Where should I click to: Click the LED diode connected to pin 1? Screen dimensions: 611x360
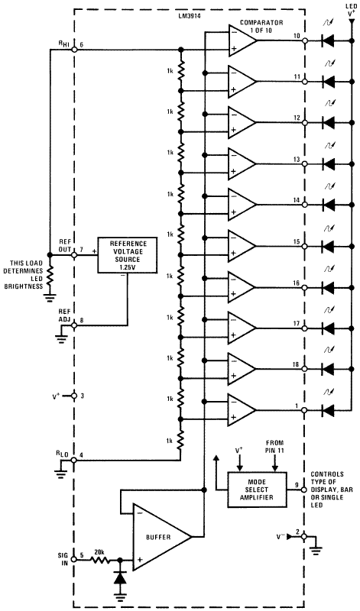tap(329, 411)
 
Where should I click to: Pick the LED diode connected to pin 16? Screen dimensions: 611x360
tap(329, 287)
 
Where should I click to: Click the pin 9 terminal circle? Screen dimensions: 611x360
tap(304, 487)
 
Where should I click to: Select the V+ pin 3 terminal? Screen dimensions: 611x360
tap(74, 396)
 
